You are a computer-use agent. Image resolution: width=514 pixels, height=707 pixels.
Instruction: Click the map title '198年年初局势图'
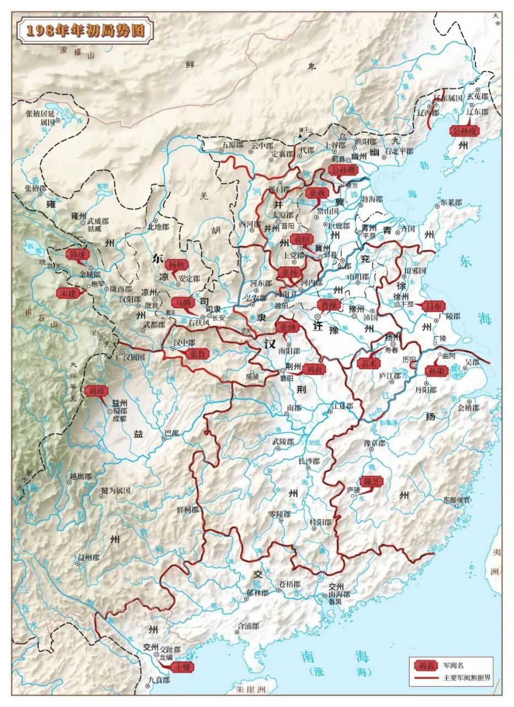85,30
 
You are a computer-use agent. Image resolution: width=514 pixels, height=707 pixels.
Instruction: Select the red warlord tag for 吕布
433,306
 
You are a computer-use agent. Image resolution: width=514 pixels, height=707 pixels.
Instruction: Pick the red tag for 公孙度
463,131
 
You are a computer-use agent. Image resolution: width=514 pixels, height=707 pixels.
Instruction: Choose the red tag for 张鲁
197,354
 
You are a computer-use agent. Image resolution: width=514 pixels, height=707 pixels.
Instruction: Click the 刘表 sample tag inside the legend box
425,664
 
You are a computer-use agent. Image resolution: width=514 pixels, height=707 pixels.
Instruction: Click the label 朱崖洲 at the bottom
251,689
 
